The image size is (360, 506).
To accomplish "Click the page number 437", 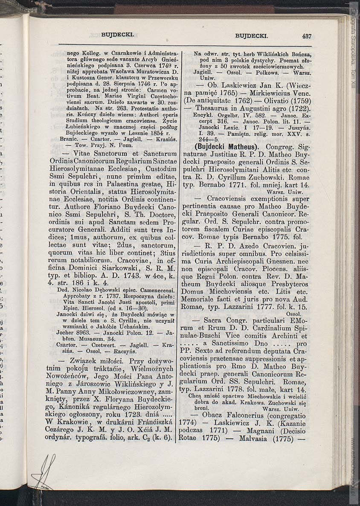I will [x=307, y=36].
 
